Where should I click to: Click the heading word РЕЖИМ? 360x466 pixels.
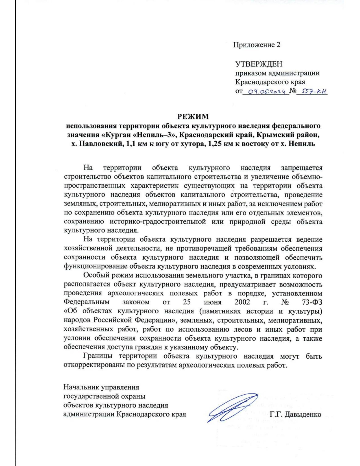(x=193, y=116)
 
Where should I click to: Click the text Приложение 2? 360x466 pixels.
(x=257, y=45)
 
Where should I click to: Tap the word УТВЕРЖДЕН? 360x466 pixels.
(x=259, y=64)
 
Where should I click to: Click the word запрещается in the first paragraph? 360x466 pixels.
(x=301, y=168)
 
